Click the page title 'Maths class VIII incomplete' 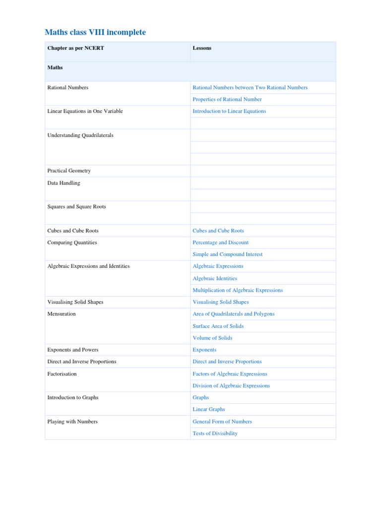[95, 32]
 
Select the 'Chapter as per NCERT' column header [75, 48]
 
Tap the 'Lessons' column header [202, 48]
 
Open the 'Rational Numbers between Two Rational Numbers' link [250, 87]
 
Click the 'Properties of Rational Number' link [227, 99]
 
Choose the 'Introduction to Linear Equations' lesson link [229, 111]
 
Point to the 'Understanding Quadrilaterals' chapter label [80, 135]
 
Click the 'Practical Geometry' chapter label [69, 171]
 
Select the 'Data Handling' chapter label [63, 183]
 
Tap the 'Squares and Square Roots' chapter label [76, 206]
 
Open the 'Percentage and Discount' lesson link [220, 243]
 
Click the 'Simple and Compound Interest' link [228, 254]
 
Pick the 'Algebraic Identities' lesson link [215, 278]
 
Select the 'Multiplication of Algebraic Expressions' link [238, 290]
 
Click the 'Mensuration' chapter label [62, 314]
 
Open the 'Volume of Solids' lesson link [212, 338]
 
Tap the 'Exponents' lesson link [204, 350]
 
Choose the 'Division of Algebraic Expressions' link [231, 385]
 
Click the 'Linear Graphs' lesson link [209, 409]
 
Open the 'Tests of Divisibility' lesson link [215, 433]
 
